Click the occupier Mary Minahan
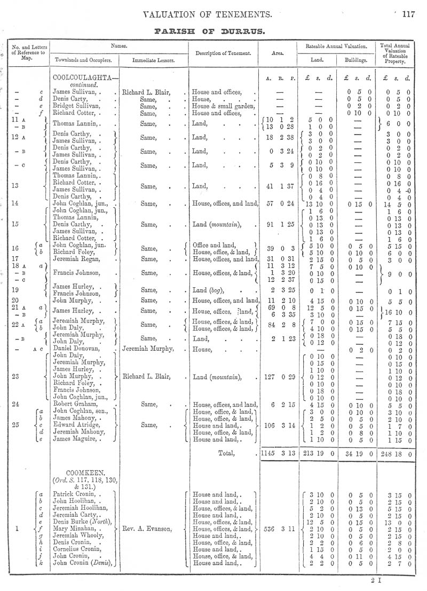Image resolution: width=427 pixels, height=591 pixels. point(78,530)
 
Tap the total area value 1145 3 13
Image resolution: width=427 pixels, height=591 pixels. point(275,454)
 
